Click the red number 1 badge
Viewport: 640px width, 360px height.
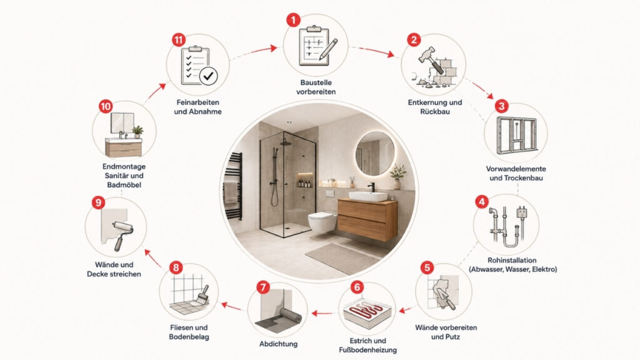pos(293,19)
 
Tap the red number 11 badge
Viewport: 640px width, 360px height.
pos(179,40)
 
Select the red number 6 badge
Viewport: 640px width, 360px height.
pos(357,287)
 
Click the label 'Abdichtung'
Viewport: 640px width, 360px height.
pos(278,344)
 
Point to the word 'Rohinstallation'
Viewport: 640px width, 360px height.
pos(512,260)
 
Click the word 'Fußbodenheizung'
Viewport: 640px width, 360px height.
pos(367,350)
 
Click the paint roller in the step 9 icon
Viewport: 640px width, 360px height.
pos(122,234)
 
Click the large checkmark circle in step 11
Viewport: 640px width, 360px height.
pos(208,76)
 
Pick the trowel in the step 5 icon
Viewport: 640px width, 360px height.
pos(446,298)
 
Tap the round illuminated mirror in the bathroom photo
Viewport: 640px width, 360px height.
pos(375,153)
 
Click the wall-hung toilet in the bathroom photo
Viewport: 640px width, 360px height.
pos(322,222)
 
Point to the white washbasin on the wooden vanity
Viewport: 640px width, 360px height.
pos(367,196)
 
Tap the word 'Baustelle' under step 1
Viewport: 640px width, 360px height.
pos(316,82)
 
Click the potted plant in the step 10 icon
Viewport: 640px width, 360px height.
pos(137,131)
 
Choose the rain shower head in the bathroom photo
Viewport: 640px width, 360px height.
pos(285,142)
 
